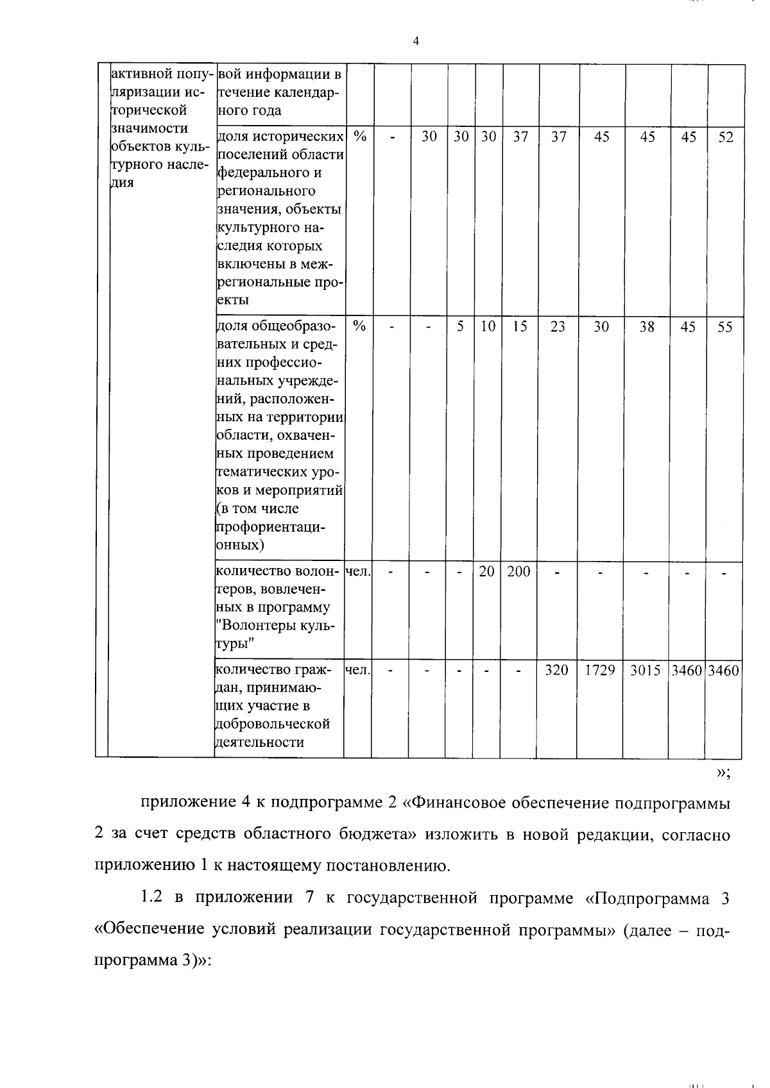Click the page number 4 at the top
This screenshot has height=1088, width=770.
tap(416, 42)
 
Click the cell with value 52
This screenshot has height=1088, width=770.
tap(725, 137)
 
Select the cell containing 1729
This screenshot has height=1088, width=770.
tap(600, 671)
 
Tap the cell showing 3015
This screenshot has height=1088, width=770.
tap(646, 671)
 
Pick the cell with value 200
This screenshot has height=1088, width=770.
tap(518, 571)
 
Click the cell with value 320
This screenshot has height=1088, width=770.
tap(556, 671)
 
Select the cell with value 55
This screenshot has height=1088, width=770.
tap(725, 327)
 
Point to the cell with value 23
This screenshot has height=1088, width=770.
tap(558, 327)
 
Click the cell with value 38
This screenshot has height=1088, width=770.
tap(647, 327)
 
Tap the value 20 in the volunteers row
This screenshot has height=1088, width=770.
tap(487, 571)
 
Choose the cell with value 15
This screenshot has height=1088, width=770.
tap(520, 327)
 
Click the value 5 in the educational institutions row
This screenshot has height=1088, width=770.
tap(460, 327)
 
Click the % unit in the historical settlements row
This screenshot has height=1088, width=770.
tap(359, 137)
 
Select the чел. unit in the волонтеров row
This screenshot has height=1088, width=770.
tap(357, 571)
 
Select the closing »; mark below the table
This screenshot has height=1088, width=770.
tap(723, 773)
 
